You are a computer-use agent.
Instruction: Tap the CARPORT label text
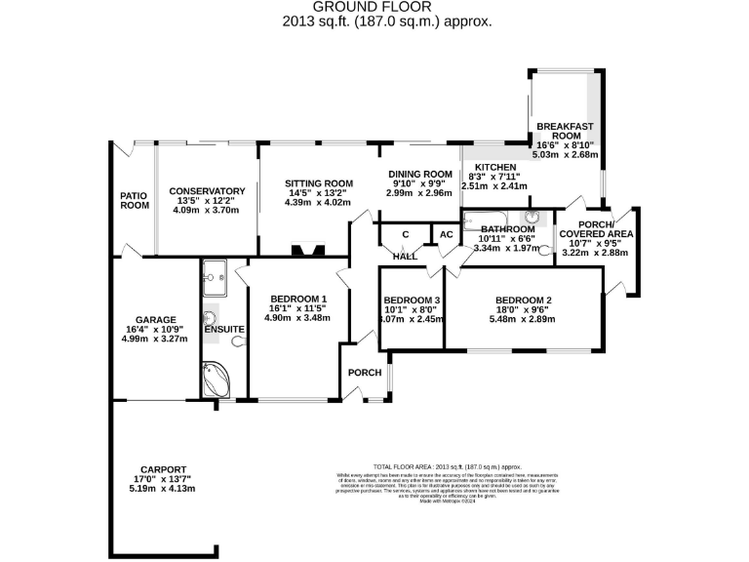pyautogui.click(x=162, y=468)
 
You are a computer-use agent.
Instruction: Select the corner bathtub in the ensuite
pyautogui.click(x=216, y=379)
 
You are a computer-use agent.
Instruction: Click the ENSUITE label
pyautogui.click(x=224, y=330)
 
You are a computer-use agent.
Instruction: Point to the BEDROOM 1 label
pyautogui.click(x=298, y=299)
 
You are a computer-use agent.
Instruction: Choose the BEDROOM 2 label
pyautogui.click(x=524, y=300)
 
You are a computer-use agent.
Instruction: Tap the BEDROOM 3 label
pyautogui.click(x=412, y=300)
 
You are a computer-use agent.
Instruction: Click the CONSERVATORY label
pyautogui.click(x=206, y=191)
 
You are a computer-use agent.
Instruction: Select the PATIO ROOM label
pyautogui.click(x=135, y=200)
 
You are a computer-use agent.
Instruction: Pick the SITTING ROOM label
pyautogui.click(x=319, y=182)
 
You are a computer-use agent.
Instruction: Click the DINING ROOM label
pyautogui.click(x=419, y=173)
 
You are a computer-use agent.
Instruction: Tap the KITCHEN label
pyautogui.click(x=494, y=168)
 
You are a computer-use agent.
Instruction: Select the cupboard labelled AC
pyautogui.click(x=446, y=235)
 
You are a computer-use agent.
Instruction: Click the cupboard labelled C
pyautogui.click(x=405, y=234)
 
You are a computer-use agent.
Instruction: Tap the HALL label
pyautogui.click(x=406, y=256)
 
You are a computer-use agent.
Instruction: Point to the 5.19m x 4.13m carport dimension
pyautogui.click(x=162, y=489)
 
